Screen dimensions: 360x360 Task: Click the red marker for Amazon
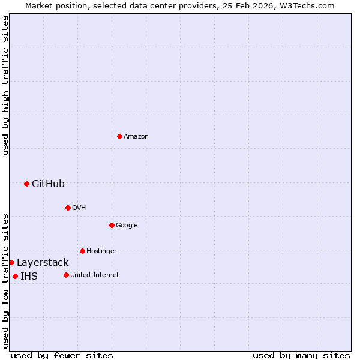(119, 136)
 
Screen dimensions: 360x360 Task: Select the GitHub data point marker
(26, 184)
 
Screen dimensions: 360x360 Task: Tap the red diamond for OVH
(68, 208)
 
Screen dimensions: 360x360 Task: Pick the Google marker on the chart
(112, 225)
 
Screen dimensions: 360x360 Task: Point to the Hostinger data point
(82, 251)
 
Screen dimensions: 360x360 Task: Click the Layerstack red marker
(11, 262)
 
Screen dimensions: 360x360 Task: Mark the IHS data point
(15, 276)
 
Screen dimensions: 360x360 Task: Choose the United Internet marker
(66, 275)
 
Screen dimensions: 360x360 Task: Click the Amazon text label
(136, 137)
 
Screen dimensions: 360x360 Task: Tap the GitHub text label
(48, 184)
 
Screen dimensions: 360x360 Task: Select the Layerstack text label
(43, 262)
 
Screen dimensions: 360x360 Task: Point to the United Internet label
(95, 275)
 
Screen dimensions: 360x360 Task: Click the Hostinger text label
(101, 251)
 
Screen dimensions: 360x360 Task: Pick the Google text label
(127, 226)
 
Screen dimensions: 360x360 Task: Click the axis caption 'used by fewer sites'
(62, 355)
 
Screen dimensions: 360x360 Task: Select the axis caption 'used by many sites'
(301, 355)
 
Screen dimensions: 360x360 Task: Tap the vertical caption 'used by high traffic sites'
(5, 85)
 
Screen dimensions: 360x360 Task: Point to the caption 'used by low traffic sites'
(5, 281)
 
